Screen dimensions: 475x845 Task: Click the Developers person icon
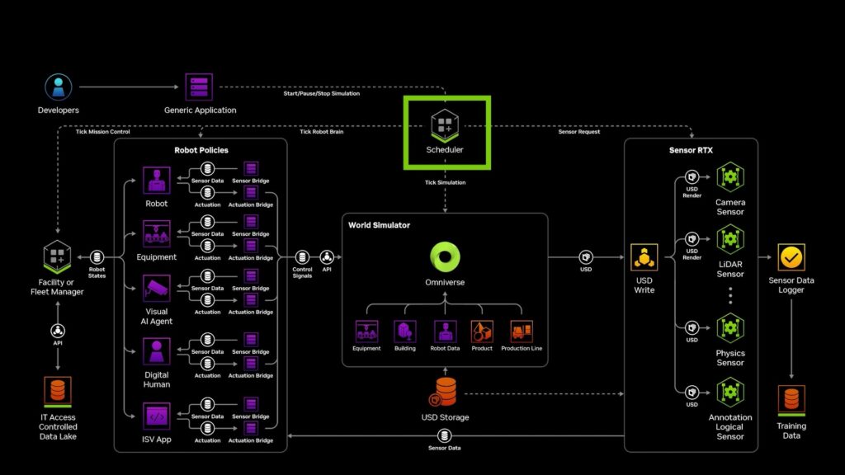pyautogui.click(x=57, y=87)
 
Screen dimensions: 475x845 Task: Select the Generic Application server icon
pyautogui.click(x=199, y=87)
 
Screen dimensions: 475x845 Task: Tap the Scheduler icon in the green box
pyautogui.click(x=445, y=125)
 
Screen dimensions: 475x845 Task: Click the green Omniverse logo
pyautogui.click(x=445, y=257)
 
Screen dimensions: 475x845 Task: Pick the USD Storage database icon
pyautogui.click(x=446, y=391)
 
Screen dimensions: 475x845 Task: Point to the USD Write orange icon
pyautogui.click(x=644, y=257)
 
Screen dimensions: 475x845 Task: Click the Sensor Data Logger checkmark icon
pyautogui.click(x=791, y=257)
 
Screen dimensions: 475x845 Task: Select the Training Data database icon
pyautogui.click(x=791, y=400)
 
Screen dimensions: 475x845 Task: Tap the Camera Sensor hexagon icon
pyautogui.click(x=729, y=176)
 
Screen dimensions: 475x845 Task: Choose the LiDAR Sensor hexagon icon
pyautogui.click(x=729, y=239)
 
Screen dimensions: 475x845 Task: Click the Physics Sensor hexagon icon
pyautogui.click(x=729, y=327)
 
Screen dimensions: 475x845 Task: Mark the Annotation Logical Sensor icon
pyautogui.click(x=729, y=391)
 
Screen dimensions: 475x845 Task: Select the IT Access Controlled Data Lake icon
pyautogui.click(x=57, y=391)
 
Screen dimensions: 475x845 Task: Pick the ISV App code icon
pyautogui.click(x=156, y=416)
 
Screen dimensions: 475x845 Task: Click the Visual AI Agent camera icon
pyautogui.click(x=156, y=288)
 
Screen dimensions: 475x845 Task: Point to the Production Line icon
pyautogui.click(x=522, y=332)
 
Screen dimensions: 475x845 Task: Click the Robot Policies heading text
pyautogui.click(x=201, y=151)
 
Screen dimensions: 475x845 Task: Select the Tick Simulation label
pyautogui.click(x=445, y=182)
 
